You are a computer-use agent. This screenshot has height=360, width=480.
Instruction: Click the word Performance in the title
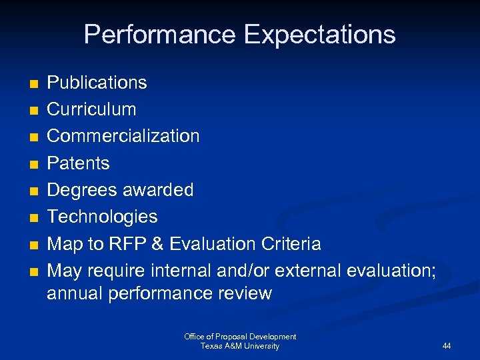[161, 34]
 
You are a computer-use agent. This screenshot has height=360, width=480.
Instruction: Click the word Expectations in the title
[320, 34]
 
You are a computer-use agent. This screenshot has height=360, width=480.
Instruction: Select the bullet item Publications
[97, 83]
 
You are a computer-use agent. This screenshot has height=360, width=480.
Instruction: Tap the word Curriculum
[91, 109]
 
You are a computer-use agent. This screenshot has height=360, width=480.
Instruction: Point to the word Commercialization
[123, 136]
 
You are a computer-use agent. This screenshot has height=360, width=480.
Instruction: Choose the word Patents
[78, 163]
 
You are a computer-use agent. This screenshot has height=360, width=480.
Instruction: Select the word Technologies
[102, 217]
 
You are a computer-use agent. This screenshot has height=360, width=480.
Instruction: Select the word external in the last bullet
[306, 271]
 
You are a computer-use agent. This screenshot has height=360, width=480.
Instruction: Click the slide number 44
[447, 346]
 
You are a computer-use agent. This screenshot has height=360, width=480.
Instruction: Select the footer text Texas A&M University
[240, 346]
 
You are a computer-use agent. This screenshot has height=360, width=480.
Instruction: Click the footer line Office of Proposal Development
[240, 337]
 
